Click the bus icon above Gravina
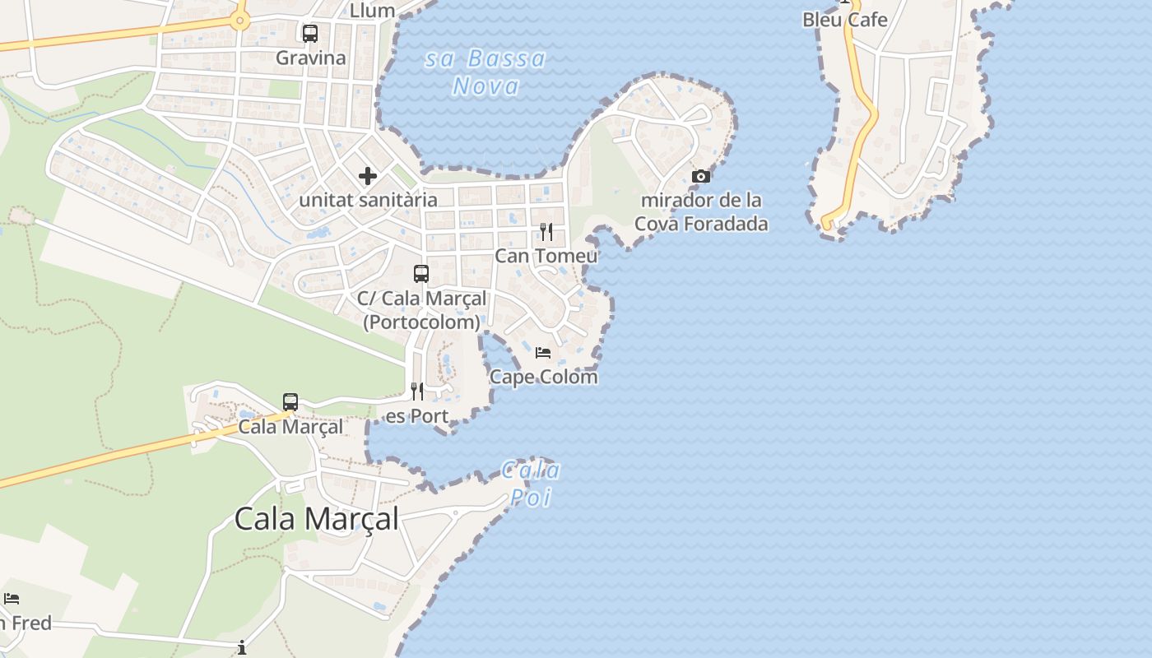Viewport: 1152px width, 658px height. pos(310,34)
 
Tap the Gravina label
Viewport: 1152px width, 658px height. pos(311,58)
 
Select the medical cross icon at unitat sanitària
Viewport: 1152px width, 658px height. pos(368,176)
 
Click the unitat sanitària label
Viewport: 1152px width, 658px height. pos(368,200)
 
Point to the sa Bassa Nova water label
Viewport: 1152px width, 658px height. pos(485,72)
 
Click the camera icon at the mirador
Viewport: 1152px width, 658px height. pos(701,176)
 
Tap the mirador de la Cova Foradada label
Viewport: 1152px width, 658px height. pos(701,211)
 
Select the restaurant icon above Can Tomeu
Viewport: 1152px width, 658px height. pos(546,232)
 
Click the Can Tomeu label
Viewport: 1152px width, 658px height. pos(546,256)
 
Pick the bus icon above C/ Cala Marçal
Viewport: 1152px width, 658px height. pos(421,274)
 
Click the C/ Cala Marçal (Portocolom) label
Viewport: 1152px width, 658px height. pos(421,310)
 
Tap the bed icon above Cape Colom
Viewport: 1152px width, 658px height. pos(543,353)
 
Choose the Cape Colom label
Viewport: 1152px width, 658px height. pos(543,377)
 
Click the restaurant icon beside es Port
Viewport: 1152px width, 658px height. pos(417,392)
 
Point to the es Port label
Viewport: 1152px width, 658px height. pos(417,416)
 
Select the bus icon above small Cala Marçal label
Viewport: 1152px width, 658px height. pos(290,402)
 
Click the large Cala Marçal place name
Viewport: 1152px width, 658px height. pos(317,519)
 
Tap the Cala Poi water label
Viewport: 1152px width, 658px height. pos(531,484)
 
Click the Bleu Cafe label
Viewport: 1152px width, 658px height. pos(845,20)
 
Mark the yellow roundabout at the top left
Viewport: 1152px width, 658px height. pos(239,21)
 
